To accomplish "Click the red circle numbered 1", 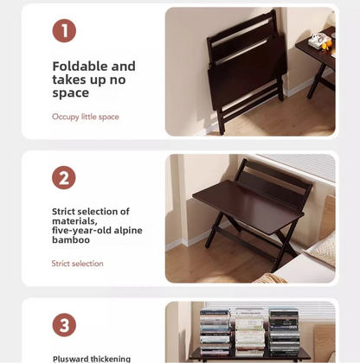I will click(64, 31).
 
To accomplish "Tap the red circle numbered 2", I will click(64, 178).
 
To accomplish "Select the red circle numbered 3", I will click(64, 325).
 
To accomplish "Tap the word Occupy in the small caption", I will click(66, 117).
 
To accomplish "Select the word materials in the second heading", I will click(75, 221).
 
